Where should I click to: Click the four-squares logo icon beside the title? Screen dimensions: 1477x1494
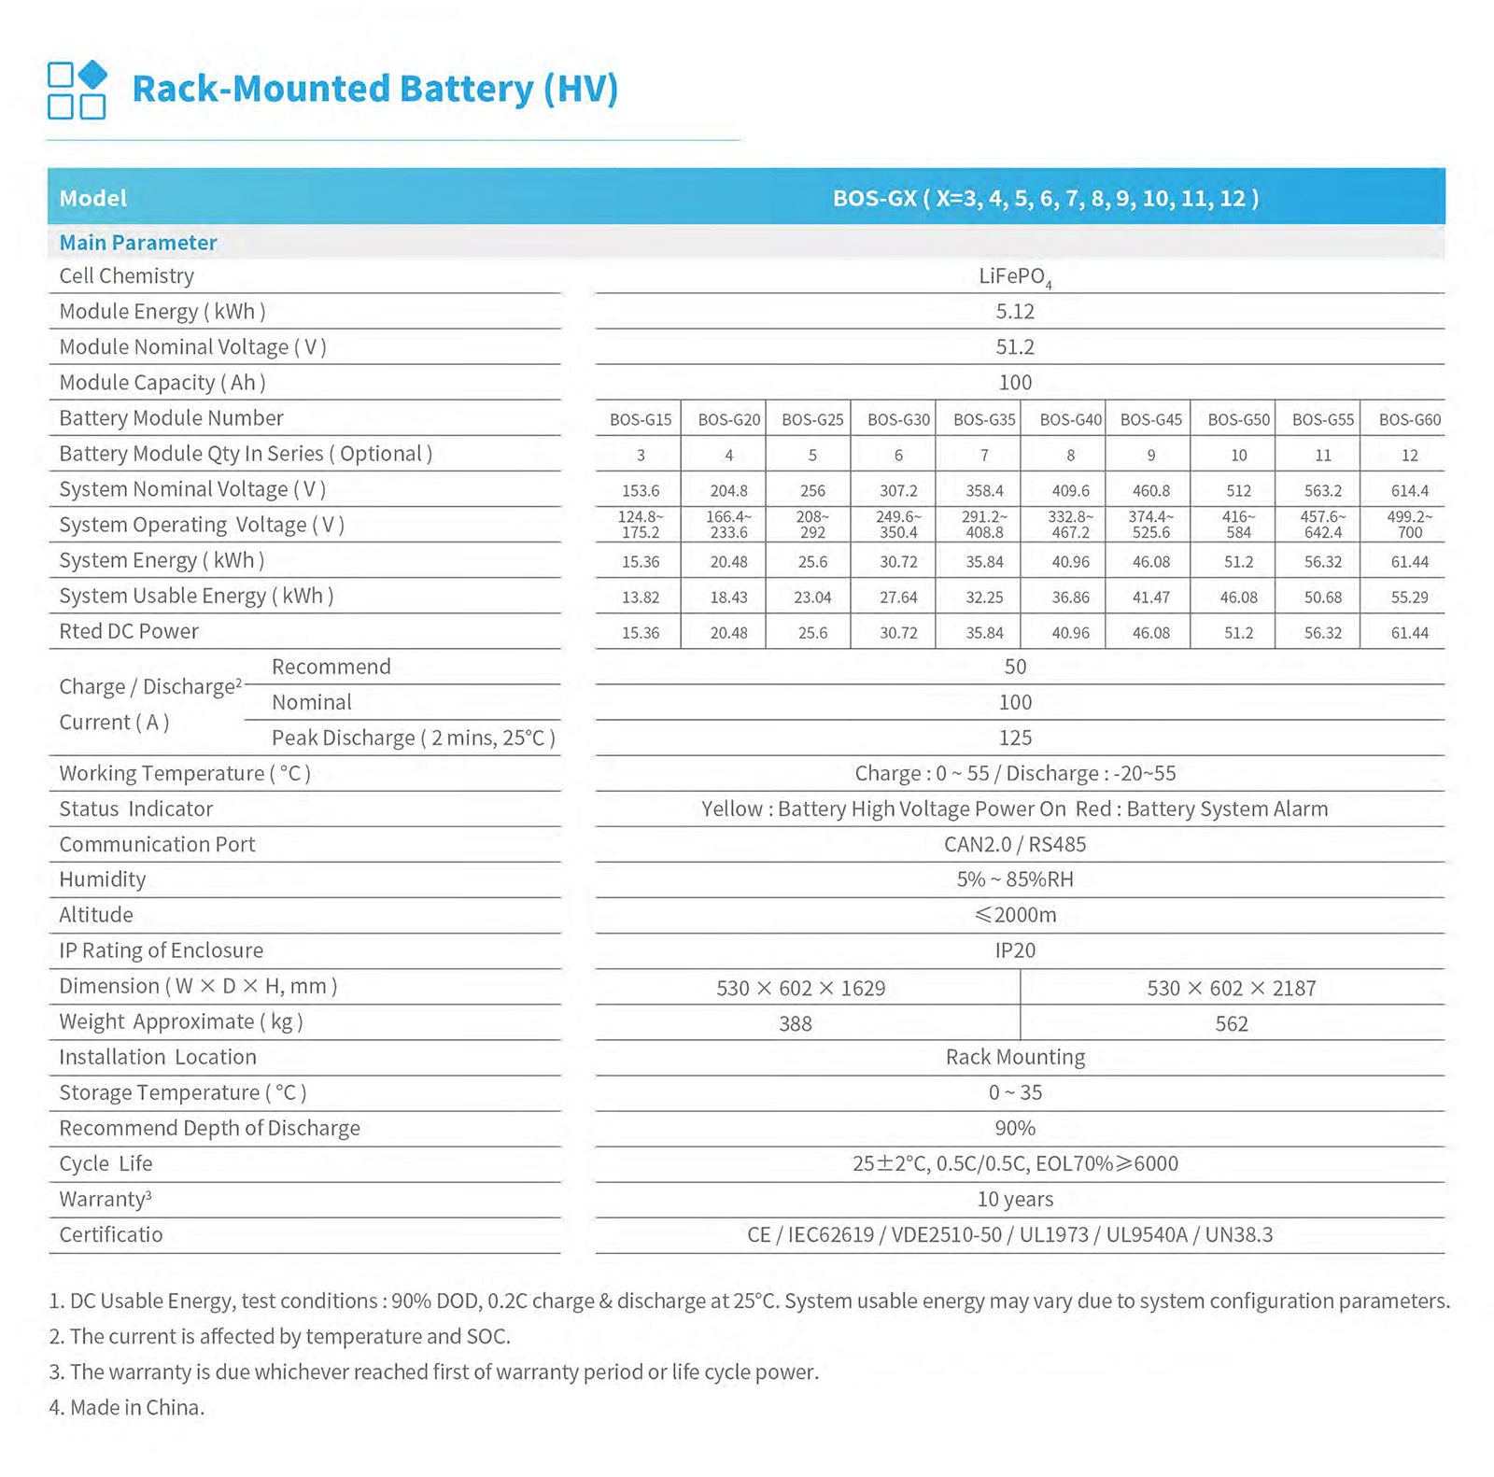(77, 90)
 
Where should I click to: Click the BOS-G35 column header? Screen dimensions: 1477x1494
(984, 420)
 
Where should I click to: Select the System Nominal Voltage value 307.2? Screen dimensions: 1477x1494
(898, 491)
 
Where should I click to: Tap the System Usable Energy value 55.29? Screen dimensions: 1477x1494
(1409, 598)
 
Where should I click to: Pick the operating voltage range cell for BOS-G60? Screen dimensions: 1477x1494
(1409, 525)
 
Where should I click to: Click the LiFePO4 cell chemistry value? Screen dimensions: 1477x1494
(1015, 277)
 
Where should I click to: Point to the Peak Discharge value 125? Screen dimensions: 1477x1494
(1015, 738)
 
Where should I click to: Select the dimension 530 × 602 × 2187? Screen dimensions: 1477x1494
(1231, 989)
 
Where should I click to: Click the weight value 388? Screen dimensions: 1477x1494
(796, 1024)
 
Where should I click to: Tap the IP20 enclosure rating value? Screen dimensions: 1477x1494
(1015, 951)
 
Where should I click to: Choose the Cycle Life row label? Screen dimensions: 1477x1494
(106, 1164)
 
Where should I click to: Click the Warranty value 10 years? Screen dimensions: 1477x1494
(1015, 1200)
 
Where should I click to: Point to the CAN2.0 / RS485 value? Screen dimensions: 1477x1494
(1015, 845)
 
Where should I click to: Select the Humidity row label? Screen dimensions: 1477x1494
(103, 880)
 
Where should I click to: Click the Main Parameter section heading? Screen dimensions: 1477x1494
(138, 244)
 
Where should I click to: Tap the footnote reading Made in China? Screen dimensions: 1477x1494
(127, 1408)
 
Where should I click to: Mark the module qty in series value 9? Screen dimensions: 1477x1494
(1151, 456)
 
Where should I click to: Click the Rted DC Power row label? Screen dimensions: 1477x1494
(129, 632)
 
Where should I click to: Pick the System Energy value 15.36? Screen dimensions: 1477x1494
(641, 562)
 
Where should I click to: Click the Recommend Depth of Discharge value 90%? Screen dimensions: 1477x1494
(1015, 1129)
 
